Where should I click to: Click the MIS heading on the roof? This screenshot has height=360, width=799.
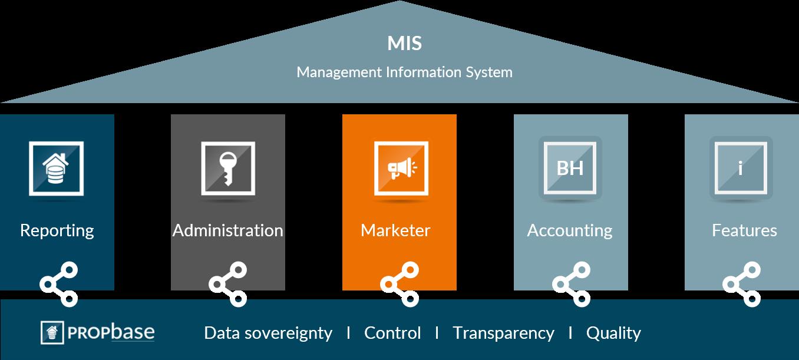[404, 44]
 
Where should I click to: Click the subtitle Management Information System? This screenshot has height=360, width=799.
[404, 72]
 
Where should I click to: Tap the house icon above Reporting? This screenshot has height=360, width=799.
[56, 169]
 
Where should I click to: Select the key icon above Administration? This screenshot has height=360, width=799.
[228, 169]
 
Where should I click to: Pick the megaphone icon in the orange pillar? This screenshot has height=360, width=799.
[401, 169]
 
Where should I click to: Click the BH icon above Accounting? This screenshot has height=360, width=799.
[570, 169]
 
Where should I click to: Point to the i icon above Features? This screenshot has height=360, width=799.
[741, 169]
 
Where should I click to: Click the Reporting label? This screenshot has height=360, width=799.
[57, 230]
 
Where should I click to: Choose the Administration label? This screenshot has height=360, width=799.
[227, 230]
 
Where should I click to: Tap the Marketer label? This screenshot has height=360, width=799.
[395, 230]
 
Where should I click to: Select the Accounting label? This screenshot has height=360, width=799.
[569, 230]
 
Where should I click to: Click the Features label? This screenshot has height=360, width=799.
[744, 230]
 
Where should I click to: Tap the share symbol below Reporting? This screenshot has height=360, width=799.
[59, 285]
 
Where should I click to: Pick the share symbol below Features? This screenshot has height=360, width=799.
[742, 285]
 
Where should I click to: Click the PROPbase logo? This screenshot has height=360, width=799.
[98, 332]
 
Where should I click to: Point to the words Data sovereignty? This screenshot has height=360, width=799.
[268, 333]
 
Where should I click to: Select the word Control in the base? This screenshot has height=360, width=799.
[392, 333]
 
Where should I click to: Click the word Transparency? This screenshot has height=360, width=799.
[503, 333]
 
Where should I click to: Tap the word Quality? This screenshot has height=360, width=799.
[613, 333]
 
